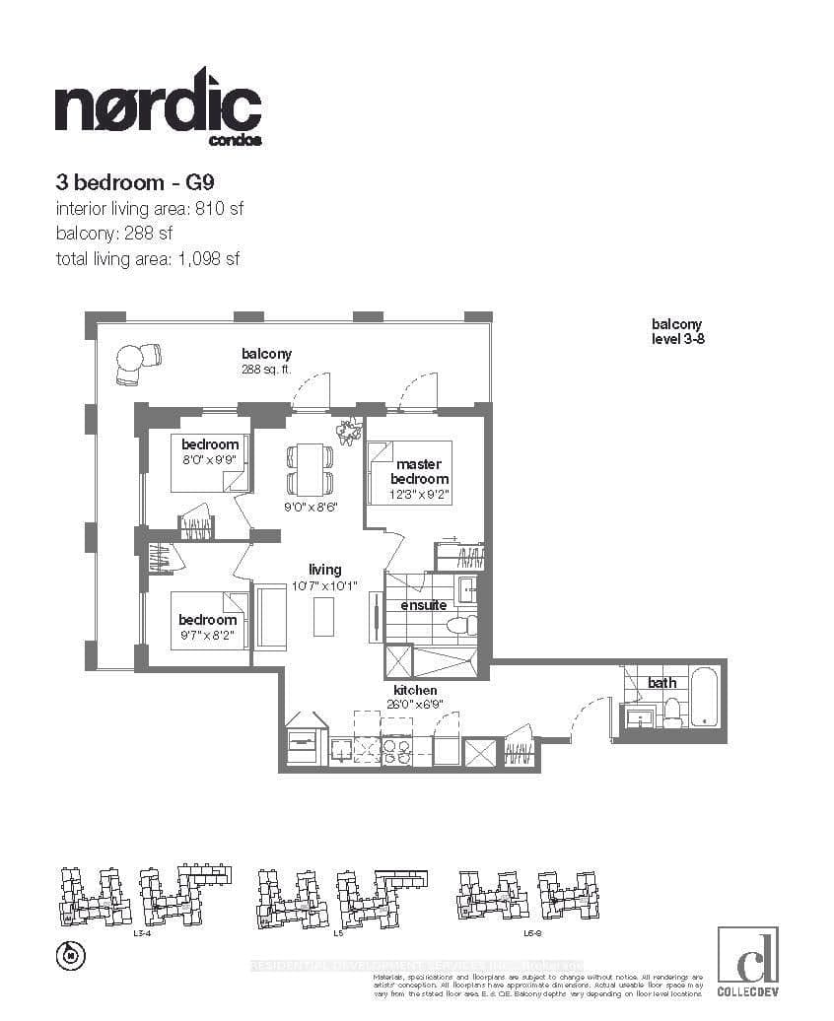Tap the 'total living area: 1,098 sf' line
(x=148, y=259)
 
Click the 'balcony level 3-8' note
(x=676, y=331)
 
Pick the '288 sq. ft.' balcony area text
(x=266, y=371)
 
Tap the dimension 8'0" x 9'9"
(x=210, y=460)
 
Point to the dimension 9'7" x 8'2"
(x=207, y=637)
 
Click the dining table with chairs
(x=309, y=470)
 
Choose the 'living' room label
(x=324, y=570)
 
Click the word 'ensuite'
(x=423, y=605)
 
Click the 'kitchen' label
(x=414, y=690)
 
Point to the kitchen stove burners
(x=396, y=751)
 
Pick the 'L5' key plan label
(x=338, y=931)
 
